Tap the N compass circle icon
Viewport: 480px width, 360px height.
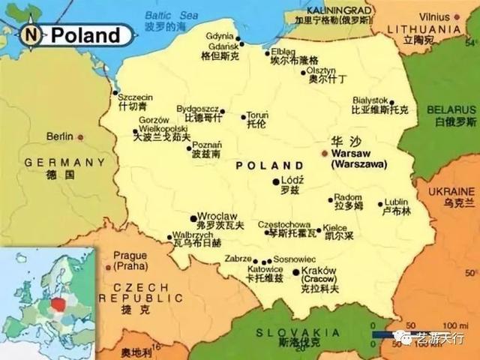[31, 34]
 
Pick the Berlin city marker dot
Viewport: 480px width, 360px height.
[80, 137]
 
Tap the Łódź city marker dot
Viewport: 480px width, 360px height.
[276, 181]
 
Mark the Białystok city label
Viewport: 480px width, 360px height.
[370, 100]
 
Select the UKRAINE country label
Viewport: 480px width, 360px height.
[451, 193]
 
